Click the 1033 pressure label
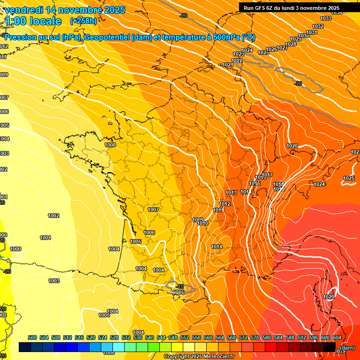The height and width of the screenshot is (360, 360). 326,18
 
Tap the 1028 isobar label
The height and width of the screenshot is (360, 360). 291,44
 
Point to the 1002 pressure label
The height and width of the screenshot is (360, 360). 53,216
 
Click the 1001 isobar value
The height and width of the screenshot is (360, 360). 45,238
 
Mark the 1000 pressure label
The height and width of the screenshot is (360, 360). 15,249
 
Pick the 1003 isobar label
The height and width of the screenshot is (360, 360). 54,281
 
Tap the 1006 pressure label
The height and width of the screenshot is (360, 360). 149,232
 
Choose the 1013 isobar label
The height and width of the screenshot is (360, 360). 231,193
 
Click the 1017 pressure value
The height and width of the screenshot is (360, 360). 267,175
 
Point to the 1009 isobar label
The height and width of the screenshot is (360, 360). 198,220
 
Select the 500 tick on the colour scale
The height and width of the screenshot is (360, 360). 32,337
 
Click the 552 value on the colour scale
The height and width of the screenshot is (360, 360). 185,337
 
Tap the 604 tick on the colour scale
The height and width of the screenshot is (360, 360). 337,337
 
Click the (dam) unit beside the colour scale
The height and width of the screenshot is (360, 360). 347,347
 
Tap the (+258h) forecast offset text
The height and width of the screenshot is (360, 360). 83,21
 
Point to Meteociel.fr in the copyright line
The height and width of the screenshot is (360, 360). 217,357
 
